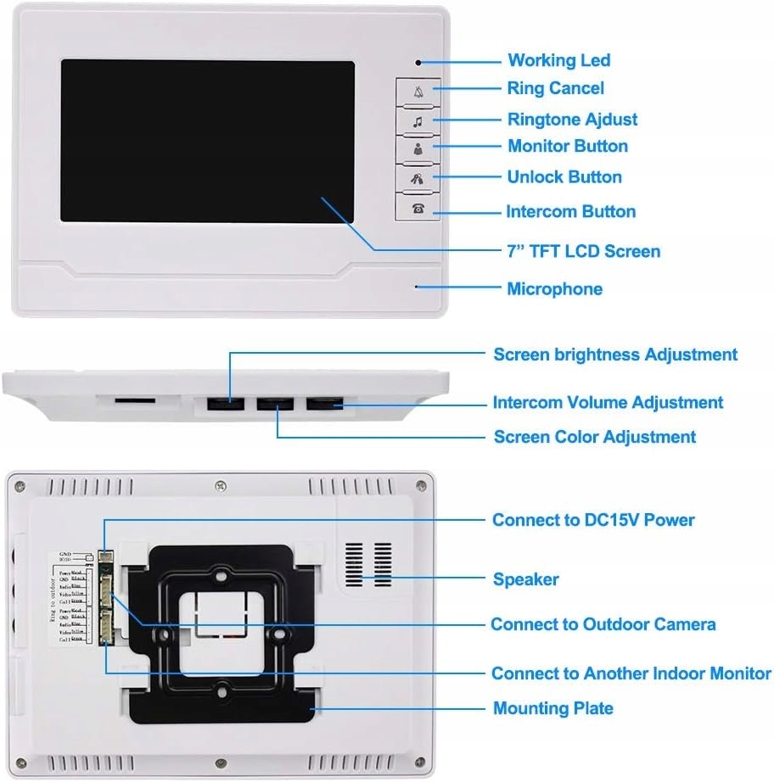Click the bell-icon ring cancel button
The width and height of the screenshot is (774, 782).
418,91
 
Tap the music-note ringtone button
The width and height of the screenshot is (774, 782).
418,120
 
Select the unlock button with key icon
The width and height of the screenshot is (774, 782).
418,178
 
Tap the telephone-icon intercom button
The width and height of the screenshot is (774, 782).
418,208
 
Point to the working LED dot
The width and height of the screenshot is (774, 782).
418,62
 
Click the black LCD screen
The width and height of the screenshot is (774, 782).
206,140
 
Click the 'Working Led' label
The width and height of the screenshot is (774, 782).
558,60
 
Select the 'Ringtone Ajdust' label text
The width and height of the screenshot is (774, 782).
572,120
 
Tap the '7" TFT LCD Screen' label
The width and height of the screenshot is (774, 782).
583,251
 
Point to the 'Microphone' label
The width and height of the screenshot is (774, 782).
554,288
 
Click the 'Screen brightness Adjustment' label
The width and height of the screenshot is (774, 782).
615,355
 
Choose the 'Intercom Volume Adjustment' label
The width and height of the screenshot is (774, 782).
608,402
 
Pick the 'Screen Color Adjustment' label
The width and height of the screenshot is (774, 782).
594,437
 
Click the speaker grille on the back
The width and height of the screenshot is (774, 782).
369,564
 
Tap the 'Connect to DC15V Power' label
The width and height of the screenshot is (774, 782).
593,519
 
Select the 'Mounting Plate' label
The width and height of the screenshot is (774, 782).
552,708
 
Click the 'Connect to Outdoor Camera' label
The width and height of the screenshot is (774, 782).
603,624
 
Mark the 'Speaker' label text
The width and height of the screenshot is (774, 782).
525,579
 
